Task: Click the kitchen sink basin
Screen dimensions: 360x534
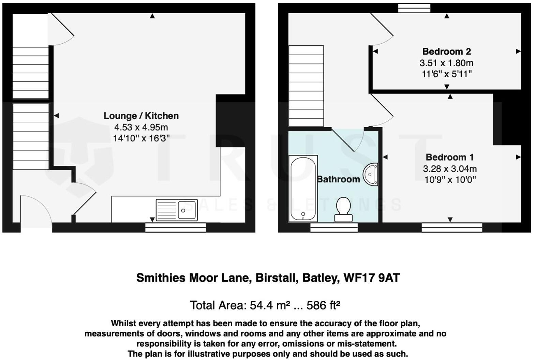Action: point(187,210)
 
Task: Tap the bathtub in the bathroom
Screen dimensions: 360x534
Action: point(303,188)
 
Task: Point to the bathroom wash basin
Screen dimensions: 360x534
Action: point(371,175)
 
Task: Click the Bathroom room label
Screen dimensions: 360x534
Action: point(338,179)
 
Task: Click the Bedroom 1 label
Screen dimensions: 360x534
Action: point(449,157)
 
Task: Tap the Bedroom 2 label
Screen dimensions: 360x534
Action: point(446,51)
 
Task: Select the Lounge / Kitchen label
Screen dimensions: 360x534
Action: point(141,116)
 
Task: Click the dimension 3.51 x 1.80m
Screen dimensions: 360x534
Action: point(446,63)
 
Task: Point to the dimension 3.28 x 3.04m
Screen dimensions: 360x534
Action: point(449,169)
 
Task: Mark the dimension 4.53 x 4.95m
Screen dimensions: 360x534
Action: point(141,127)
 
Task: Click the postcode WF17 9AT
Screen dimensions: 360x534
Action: point(371,278)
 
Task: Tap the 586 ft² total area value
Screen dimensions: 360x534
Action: point(323,305)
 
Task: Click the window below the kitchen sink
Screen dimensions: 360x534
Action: point(176,228)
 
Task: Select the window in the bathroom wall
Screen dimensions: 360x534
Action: point(334,228)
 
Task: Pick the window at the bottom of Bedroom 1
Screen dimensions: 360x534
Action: point(452,228)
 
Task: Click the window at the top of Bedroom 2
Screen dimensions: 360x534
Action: point(414,8)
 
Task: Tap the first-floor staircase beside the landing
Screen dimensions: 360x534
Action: point(306,86)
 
